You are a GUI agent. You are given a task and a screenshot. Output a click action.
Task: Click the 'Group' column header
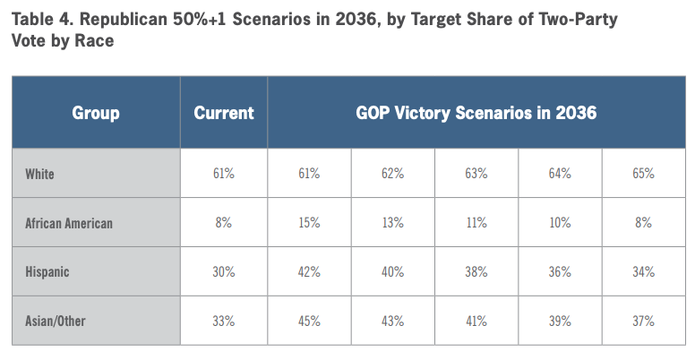(95, 113)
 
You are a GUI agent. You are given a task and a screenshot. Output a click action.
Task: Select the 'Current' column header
(224, 113)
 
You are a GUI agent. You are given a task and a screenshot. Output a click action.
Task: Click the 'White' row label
(39, 174)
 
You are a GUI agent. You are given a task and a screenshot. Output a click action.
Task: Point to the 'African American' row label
(70, 223)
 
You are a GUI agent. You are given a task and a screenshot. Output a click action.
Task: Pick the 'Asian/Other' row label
(58, 321)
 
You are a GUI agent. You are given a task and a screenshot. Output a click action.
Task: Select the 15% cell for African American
(308, 223)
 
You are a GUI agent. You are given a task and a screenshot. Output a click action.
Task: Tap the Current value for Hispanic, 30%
(223, 271)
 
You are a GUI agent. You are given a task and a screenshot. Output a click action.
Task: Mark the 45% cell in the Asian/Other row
(308, 321)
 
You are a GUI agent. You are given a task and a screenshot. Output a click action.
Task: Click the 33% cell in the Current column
(223, 321)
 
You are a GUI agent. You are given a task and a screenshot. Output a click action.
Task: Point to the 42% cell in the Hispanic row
(308, 271)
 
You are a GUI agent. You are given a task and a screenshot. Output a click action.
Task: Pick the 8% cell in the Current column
(223, 223)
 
